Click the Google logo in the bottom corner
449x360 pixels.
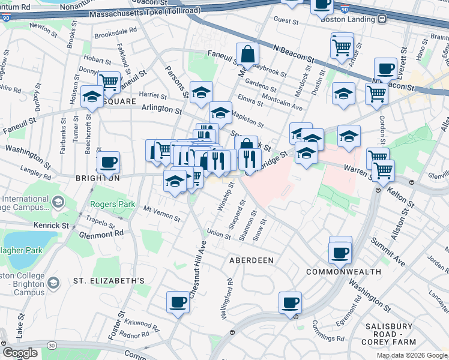point(20,353)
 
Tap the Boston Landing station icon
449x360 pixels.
point(382,19)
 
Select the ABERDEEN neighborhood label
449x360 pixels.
point(252,260)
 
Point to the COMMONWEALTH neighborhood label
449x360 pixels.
point(343,272)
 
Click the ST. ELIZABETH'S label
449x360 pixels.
point(109,280)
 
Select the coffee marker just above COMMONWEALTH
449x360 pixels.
point(340,251)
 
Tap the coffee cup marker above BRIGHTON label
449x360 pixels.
point(108,161)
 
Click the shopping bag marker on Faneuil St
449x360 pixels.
point(247,54)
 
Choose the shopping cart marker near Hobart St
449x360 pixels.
point(109,82)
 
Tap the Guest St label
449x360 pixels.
point(286,21)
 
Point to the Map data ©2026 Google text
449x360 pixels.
point(412,355)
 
